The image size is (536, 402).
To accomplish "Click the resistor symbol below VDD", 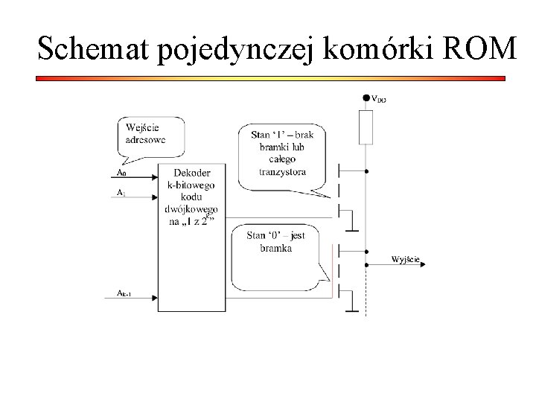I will [366, 127].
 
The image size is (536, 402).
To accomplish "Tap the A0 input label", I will [122, 173].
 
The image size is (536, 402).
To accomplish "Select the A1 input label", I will [121, 192].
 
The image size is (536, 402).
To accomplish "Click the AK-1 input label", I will [125, 293].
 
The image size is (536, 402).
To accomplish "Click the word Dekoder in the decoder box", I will [191, 173].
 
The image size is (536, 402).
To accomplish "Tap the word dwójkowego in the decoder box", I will [191, 209].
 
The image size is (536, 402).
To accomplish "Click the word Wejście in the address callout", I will [141, 127].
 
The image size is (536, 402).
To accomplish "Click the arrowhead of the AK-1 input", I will [156, 299].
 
